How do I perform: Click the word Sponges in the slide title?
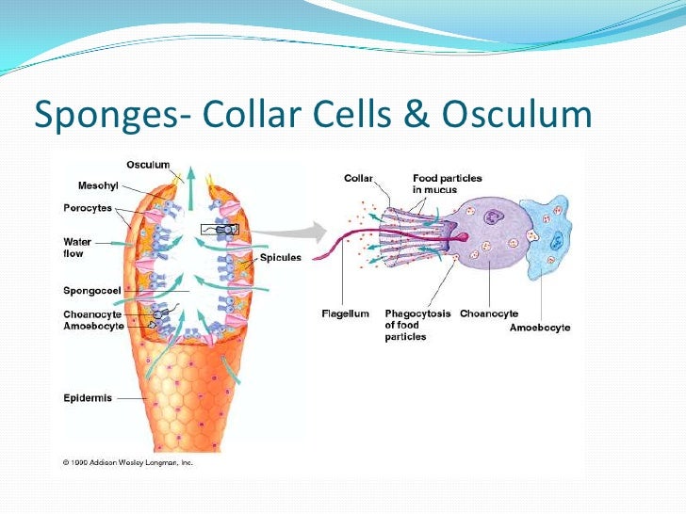point(105,116)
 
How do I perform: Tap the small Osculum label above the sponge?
point(148,165)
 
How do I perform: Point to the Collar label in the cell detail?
point(357,177)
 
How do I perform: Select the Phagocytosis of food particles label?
point(416,325)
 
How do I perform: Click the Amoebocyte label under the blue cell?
point(539,327)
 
